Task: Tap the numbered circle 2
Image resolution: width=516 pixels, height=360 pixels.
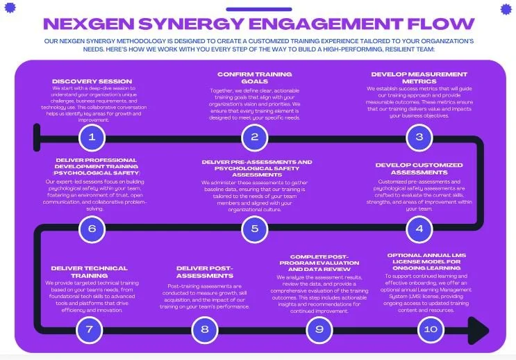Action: (x=255, y=137)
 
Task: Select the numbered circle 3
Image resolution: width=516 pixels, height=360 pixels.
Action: (x=419, y=137)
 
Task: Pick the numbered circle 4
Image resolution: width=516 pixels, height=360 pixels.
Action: (x=419, y=228)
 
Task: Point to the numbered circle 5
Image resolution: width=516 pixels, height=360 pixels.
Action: (x=255, y=228)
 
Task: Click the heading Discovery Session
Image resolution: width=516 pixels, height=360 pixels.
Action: (x=91, y=81)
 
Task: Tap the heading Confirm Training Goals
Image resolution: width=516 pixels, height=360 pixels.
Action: (x=254, y=77)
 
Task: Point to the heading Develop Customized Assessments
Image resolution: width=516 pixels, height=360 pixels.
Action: (x=418, y=169)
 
